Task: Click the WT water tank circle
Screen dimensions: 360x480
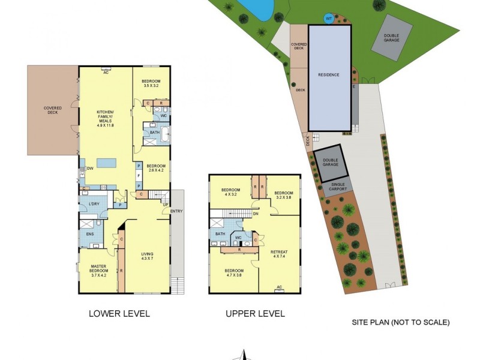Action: pos(328,19)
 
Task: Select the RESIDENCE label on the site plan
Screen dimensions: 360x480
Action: pos(329,75)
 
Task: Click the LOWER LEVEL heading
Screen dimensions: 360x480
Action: pos(119,313)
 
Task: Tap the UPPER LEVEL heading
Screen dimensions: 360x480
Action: pos(255,313)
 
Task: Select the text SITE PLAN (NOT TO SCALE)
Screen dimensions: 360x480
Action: pos(400,322)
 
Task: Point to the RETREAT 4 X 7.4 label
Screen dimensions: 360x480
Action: pos(279,254)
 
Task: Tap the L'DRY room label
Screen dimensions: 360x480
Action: pos(93,204)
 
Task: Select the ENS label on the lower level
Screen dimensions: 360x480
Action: pos(90,235)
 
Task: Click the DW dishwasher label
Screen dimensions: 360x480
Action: pos(89,169)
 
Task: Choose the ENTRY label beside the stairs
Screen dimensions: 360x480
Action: pos(176,211)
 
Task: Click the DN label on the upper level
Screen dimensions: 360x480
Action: pos(255,214)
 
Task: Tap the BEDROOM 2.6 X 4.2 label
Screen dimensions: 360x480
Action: pos(155,168)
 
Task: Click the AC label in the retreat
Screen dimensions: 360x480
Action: pos(279,287)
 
